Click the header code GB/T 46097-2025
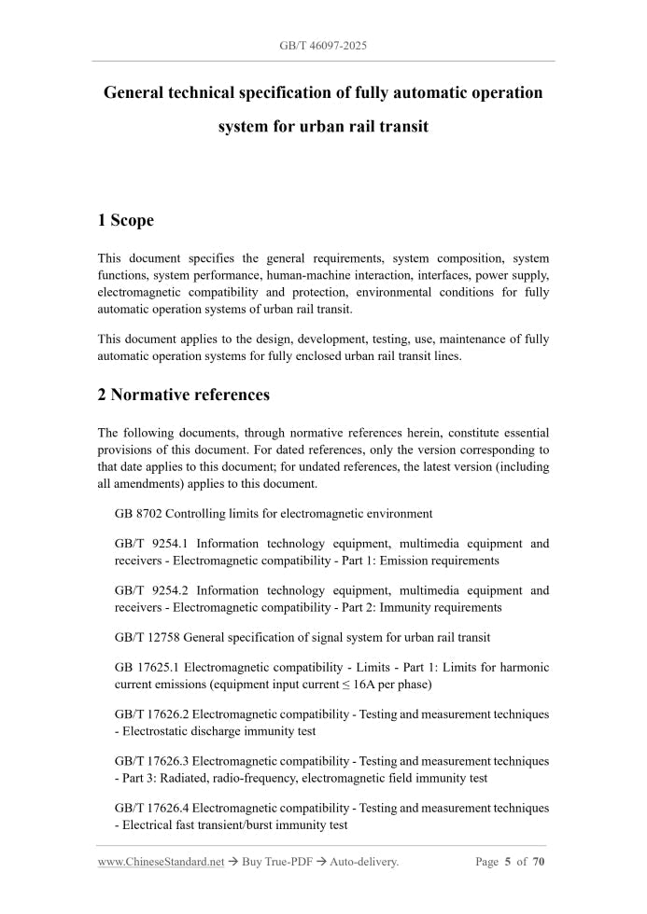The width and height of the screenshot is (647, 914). (x=323, y=45)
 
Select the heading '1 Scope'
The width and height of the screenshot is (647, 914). (x=125, y=221)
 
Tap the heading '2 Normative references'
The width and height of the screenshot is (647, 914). (x=183, y=395)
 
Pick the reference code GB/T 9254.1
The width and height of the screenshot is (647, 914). (x=152, y=544)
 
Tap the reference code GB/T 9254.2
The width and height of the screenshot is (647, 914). (x=152, y=590)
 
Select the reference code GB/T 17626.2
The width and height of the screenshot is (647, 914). (x=152, y=714)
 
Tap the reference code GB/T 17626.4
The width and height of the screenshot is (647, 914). (x=152, y=808)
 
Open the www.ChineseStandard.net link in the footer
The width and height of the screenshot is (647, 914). (x=161, y=862)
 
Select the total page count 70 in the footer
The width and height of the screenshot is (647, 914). (x=539, y=862)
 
